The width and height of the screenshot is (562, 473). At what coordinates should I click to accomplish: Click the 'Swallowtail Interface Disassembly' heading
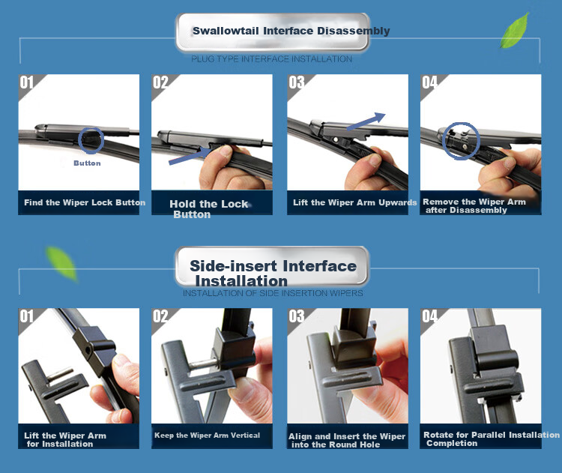[291, 31]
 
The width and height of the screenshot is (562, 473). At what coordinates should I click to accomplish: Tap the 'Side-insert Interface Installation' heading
[273, 273]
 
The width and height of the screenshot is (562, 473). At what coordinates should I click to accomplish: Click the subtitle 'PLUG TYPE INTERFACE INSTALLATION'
[272, 58]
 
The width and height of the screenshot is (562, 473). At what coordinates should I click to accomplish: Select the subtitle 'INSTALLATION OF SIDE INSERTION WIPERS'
[273, 293]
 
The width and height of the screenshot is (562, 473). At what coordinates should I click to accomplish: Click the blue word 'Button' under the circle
[87, 163]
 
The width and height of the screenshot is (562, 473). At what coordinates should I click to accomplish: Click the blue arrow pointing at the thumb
[190, 155]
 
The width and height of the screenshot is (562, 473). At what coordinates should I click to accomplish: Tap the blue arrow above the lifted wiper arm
[366, 121]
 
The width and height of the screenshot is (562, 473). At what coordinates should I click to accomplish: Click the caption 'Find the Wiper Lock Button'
[85, 202]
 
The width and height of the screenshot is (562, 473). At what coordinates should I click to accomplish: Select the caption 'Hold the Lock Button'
[208, 209]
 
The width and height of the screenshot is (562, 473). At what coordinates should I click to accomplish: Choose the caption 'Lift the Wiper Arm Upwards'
[355, 202]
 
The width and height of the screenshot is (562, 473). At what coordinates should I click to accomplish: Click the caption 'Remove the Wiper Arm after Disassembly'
[474, 206]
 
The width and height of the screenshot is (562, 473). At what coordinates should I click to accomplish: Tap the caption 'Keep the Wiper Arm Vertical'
[207, 436]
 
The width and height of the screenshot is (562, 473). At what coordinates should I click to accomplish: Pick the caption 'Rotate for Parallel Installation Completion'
[492, 439]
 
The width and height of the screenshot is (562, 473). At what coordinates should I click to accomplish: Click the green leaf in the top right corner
[515, 31]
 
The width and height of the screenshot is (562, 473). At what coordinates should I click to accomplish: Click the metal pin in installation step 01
[60, 375]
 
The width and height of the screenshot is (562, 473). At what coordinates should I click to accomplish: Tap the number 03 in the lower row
[297, 316]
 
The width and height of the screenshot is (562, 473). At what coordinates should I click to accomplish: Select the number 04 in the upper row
[429, 82]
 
